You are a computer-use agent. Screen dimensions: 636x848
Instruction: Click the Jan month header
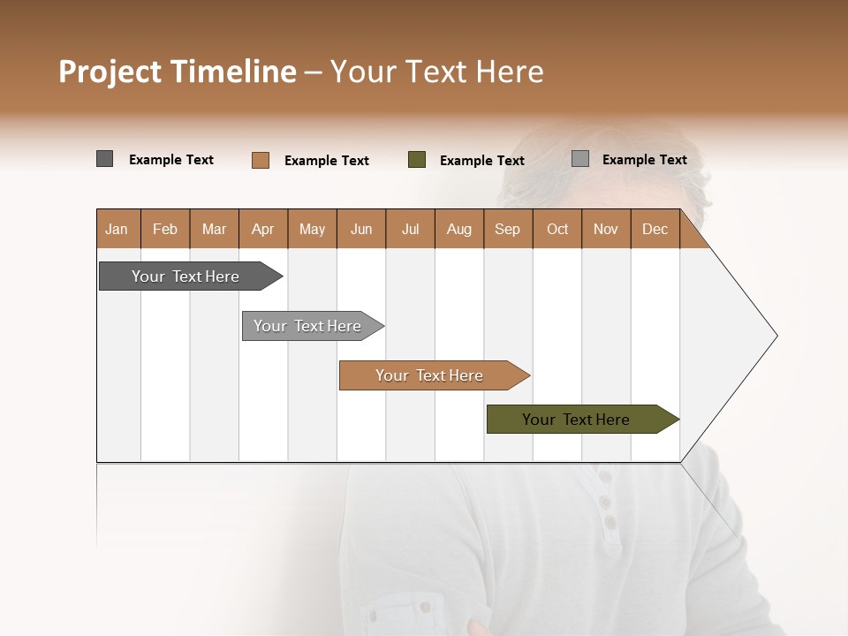(x=117, y=229)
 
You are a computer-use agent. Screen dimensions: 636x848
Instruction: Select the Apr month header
(x=262, y=229)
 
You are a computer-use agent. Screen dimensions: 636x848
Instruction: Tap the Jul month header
(x=410, y=229)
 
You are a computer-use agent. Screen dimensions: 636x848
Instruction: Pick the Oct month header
(x=556, y=229)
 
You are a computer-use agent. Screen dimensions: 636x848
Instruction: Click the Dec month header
(x=655, y=229)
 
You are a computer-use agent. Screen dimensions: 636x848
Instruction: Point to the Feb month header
(x=165, y=229)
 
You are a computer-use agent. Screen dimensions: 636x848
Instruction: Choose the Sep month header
(x=507, y=229)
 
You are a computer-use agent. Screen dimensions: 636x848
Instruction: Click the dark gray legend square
(x=104, y=159)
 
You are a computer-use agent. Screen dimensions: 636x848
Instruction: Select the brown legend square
(x=260, y=160)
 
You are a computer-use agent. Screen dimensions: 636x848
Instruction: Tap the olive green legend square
(x=417, y=160)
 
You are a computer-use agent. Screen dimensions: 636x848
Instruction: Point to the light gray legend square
(x=580, y=159)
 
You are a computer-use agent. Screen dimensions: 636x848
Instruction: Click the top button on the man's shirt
(x=604, y=478)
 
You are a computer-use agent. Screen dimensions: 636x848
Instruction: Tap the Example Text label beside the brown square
(x=326, y=161)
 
